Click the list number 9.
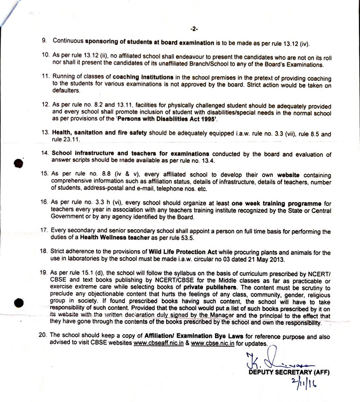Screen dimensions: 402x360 click(44, 41)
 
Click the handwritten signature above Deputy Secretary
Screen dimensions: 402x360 click(270, 361)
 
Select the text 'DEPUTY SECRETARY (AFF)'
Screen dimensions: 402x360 click(289, 373)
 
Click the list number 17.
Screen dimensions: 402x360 click(45, 230)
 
